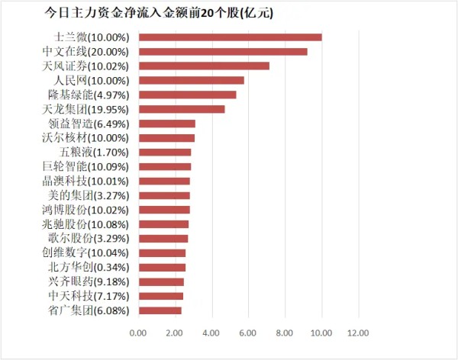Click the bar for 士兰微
pos(230,37)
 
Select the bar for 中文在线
pos(223,51)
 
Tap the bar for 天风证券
pos(204,66)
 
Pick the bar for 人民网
pos(192,80)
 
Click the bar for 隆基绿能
pos(187,95)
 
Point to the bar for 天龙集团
pos(182,109)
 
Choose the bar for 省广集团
pos(160,310)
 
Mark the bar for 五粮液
pos(165,152)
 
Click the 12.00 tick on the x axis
pos(358,333)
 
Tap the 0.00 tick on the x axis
pos(138,333)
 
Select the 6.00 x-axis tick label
pos(248,333)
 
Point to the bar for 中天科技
pos(161,296)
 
